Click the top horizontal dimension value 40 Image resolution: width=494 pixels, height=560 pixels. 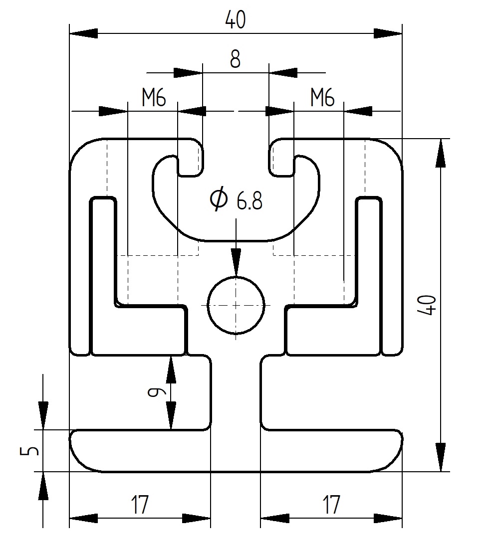(236, 20)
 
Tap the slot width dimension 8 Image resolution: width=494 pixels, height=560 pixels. (235, 59)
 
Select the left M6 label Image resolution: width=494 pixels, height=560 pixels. (154, 98)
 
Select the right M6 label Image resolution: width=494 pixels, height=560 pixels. (322, 98)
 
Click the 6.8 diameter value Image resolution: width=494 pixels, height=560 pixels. (249, 201)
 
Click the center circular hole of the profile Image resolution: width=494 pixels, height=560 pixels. (236, 305)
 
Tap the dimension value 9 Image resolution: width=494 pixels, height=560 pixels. (157, 392)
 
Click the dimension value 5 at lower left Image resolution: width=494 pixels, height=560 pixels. (29, 451)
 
